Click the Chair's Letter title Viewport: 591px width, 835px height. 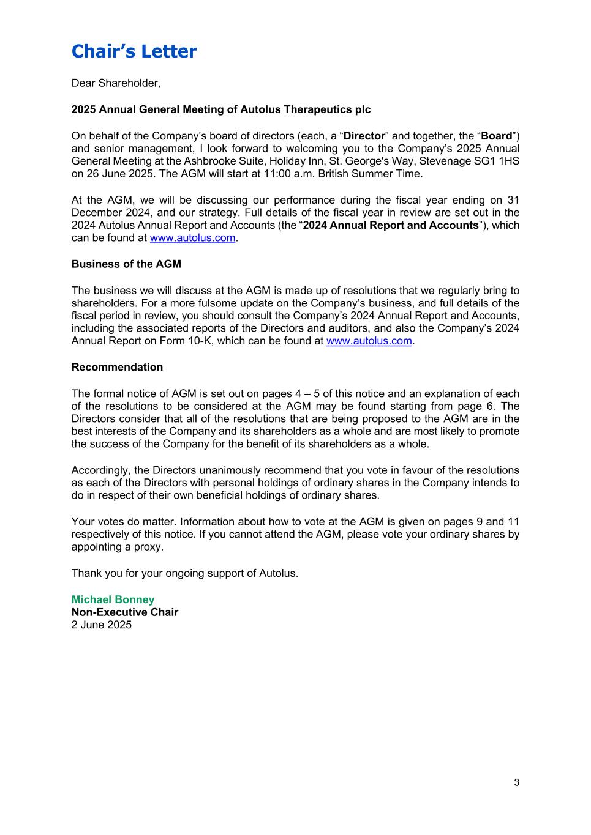(134, 51)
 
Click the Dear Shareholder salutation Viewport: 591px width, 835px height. (116, 83)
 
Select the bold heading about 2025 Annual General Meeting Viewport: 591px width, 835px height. (220, 109)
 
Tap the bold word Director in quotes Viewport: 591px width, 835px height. (364, 136)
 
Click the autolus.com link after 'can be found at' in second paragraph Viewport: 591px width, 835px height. (192, 238)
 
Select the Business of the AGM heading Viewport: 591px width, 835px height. (126, 264)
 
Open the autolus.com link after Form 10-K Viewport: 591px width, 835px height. (369, 341)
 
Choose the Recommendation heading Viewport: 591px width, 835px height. (117, 367)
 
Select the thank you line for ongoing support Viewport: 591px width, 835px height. (184, 573)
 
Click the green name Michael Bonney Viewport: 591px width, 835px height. (113, 599)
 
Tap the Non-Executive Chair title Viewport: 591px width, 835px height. (124, 612)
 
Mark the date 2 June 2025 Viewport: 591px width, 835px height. (101, 625)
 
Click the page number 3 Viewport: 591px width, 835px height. (516, 782)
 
